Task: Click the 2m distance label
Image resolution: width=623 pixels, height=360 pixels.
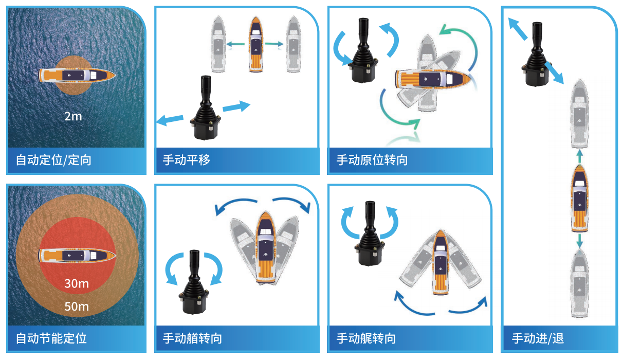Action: click(x=73, y=116)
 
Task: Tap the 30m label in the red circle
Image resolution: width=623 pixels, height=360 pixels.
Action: click(x=77, y=283)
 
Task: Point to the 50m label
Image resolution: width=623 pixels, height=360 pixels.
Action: click(x=77, y=307)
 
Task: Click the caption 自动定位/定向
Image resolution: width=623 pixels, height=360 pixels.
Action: click(x=53, y=160)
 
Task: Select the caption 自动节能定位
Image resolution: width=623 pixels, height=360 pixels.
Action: click(x=51, y=338)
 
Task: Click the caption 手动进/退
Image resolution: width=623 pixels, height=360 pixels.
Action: click(x=538, y=338)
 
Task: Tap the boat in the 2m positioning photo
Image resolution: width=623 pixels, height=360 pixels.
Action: click(x=77, y=75)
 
